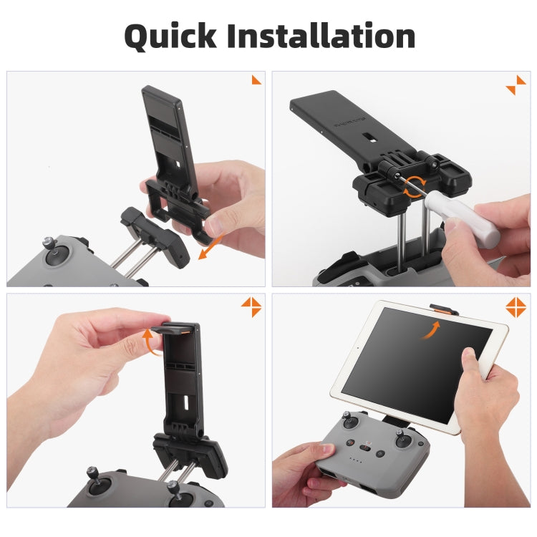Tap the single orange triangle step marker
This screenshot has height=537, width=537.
point(256,79)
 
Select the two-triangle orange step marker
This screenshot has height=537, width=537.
point(516,84)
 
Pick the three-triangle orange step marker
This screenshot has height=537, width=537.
point(251,306)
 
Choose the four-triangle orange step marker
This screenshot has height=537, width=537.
point(516,307)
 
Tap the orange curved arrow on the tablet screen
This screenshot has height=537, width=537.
point(430,330)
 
